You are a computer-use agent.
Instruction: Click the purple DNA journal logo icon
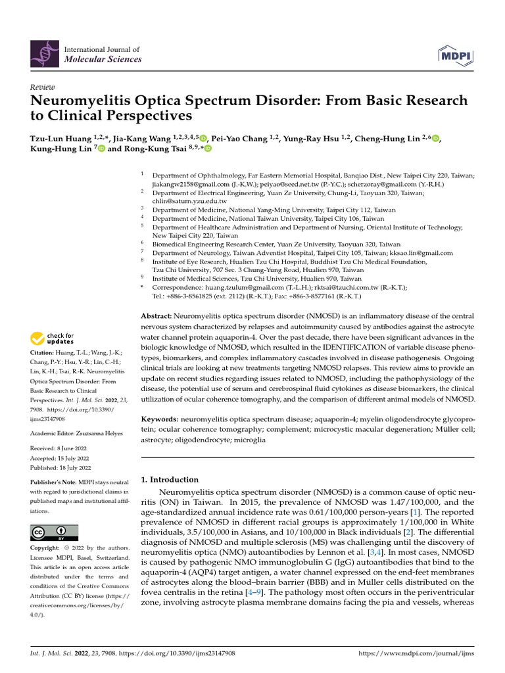point(44,53)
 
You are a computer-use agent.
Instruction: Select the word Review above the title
point(42,87)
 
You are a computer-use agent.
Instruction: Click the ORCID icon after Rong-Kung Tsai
point(208,150)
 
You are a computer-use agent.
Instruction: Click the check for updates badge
point(53,338)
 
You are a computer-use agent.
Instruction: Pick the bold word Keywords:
point(160,419)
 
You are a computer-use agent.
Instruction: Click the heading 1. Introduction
point(170,480)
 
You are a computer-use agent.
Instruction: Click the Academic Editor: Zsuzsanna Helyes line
point(77,434)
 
